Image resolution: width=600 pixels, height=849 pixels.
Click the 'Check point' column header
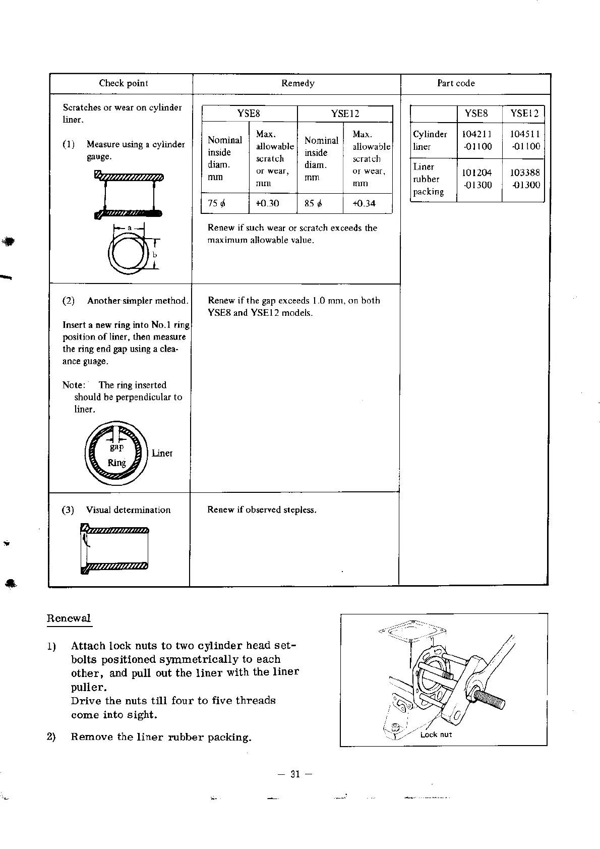(x=124, y=83)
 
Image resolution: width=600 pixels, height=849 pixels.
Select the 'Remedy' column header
(x=297, y=83)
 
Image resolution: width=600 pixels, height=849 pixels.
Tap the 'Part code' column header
(x=456, y=83)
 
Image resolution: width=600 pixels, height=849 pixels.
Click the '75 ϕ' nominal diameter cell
(x=217, y=203)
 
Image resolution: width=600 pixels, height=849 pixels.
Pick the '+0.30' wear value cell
(x=267, y=203)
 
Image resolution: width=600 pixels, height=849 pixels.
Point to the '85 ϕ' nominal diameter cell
(x=313, y=203)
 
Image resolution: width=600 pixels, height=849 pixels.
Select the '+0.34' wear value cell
(x=364, y=203)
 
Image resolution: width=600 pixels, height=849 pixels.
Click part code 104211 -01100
(x=477, y=140)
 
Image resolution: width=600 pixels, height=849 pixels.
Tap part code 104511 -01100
(x=525, y=140)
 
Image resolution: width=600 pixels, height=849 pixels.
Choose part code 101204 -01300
(x=477, y=179)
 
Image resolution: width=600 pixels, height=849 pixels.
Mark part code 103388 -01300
(x=525, y=179)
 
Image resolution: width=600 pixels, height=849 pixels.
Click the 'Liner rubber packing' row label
(x=429, y=179)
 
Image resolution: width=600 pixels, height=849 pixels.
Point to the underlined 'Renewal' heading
(x=69, y=618)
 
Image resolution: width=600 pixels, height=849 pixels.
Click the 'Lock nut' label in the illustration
(x=436, y=734)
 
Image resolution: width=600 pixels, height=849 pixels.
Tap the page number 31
(x=295, y=774)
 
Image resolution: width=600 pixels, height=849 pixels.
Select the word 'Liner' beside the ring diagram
(x=162, y=453)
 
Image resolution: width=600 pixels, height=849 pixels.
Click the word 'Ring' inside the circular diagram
(x=116, y=463)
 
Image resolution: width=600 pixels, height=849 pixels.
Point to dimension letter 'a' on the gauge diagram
(x=129, y=228)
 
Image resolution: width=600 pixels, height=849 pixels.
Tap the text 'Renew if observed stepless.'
(x=262, y=510)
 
